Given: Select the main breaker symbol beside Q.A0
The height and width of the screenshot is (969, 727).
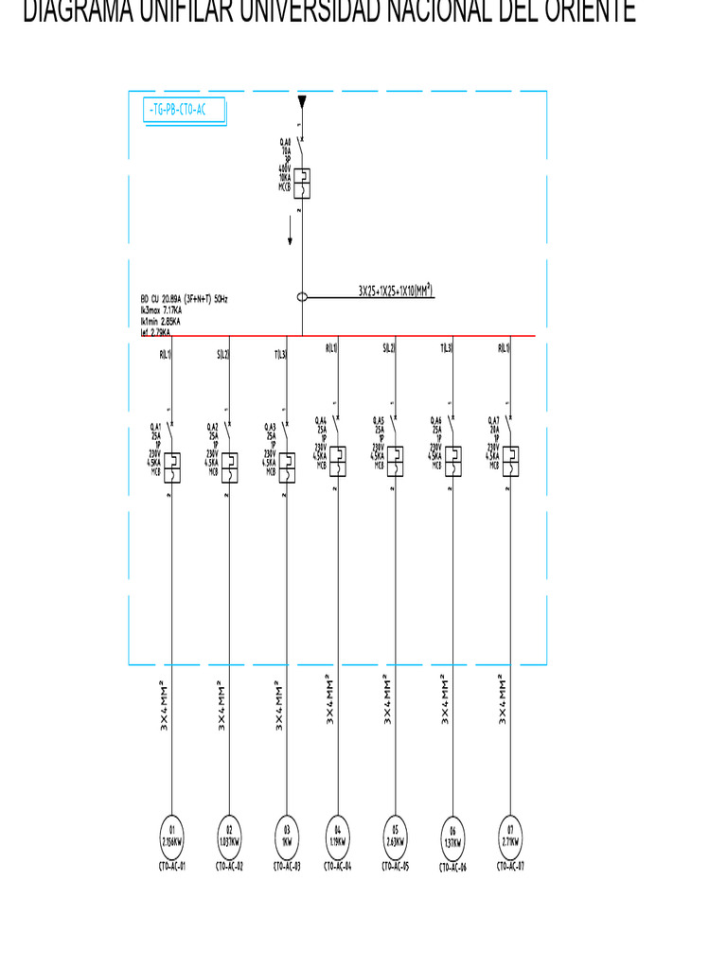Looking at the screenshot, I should click(301, 183).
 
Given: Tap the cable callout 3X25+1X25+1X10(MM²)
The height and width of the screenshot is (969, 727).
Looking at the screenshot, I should click(396, 291).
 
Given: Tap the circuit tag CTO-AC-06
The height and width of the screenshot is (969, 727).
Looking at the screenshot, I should click(452, 868).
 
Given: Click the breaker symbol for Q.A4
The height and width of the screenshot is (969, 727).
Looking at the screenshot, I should click(338, 460).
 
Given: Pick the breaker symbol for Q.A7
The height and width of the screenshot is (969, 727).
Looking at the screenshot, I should click(510, 460).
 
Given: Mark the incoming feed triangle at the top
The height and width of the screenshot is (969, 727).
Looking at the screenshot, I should click(302, 101).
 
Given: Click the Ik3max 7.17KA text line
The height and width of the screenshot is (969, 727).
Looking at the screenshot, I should click(161, 309).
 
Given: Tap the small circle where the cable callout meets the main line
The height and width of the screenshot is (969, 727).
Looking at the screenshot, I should click(302, 297).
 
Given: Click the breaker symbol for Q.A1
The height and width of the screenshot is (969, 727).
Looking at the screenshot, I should click(171, 467).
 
